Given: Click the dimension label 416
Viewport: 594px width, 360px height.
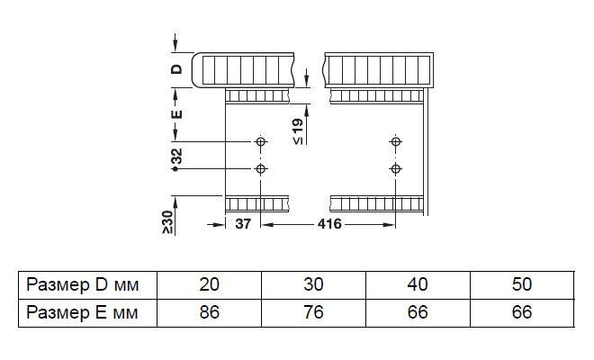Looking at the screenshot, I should (329, 225).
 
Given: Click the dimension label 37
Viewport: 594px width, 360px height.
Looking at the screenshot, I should (242, 225).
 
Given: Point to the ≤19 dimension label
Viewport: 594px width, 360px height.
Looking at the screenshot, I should (298, 131).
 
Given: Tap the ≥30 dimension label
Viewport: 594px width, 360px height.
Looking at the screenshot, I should (167, 221).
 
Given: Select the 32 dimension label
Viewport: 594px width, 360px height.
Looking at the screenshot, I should (176, 157).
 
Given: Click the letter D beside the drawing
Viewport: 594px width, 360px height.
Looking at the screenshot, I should (177, 67).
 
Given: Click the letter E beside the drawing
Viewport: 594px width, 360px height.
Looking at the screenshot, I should (177, 113).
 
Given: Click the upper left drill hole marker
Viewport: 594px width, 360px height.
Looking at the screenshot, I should (261, 142).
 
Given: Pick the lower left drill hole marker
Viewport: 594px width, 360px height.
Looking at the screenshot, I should (261, 169).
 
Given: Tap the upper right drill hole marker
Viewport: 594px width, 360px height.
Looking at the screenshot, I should (394, 142).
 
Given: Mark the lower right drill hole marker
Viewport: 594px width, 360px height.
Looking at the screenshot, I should (394, 169).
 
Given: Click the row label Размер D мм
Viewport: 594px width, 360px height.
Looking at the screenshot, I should (82, 285).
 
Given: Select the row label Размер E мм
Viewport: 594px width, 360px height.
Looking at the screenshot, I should (82, 312).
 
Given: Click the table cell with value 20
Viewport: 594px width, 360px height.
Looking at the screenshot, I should (209, 285).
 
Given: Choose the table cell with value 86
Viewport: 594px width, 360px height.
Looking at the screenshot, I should (209, 312).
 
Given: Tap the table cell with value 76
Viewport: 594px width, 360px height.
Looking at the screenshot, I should (313, 312).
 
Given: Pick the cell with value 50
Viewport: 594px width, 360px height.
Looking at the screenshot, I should (521, 285).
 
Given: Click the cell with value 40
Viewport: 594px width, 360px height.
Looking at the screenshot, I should (418, 285).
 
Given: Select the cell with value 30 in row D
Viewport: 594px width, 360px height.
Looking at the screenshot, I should (313, 285).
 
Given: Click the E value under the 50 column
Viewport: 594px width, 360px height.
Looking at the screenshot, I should (521, 312).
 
